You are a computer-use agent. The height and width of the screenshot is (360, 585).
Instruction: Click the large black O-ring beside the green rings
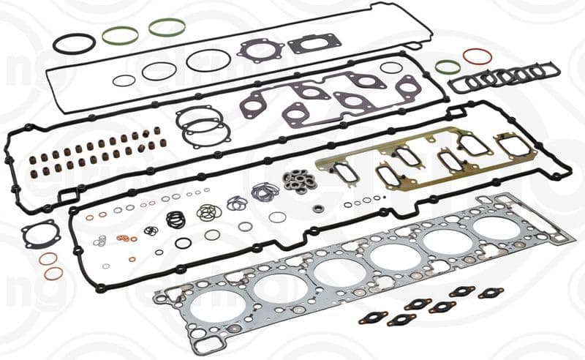click(x=74, y=43)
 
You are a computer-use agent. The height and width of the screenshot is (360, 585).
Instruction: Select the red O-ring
click(x=476, y=56)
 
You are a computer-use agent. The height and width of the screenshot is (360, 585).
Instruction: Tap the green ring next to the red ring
click(x=448, y=67)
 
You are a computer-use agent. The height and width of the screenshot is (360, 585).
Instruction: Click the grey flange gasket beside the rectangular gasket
click(x=260, y=50)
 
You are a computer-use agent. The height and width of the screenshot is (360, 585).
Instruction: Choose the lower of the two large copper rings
click(x=53, y=274)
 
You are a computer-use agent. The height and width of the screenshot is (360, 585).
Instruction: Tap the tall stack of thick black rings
click(x=175, y=219)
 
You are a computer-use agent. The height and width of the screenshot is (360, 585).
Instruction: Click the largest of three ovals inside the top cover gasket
click(x=208, y=61)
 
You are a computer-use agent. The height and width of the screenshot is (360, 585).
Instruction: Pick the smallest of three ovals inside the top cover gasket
click(x=124, y=80)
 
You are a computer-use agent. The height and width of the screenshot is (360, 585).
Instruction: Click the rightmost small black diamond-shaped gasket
click(x=490, y=293)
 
